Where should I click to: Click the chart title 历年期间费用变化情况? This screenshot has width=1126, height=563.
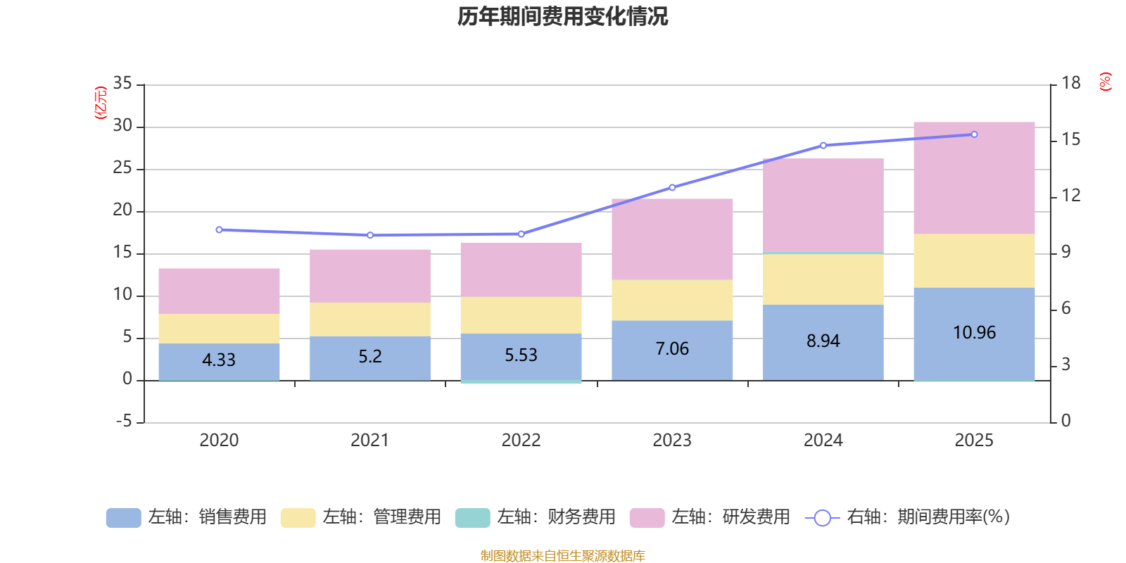562,16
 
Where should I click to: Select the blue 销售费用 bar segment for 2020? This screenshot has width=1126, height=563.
219,361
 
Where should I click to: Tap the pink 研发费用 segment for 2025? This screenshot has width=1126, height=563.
974,178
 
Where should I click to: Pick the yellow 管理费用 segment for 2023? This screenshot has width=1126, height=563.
672,301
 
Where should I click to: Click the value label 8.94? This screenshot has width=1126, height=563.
823,341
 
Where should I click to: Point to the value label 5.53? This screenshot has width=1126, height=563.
521,355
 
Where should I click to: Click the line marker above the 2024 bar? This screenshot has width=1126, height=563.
823,146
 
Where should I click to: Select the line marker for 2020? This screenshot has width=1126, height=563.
219,230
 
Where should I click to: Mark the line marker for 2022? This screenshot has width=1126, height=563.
521,234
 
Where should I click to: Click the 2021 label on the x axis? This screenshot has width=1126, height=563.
369,441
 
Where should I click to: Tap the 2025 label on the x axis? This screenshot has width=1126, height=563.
974,441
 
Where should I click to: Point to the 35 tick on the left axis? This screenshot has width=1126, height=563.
122,84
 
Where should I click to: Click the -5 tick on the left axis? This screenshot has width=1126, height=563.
122,422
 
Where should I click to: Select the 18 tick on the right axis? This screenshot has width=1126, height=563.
1071,84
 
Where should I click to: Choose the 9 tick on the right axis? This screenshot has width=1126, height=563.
1065,253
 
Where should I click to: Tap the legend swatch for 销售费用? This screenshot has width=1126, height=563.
123,518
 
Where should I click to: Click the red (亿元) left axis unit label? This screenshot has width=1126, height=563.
101,103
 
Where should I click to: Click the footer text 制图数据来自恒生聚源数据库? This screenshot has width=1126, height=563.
562,556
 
